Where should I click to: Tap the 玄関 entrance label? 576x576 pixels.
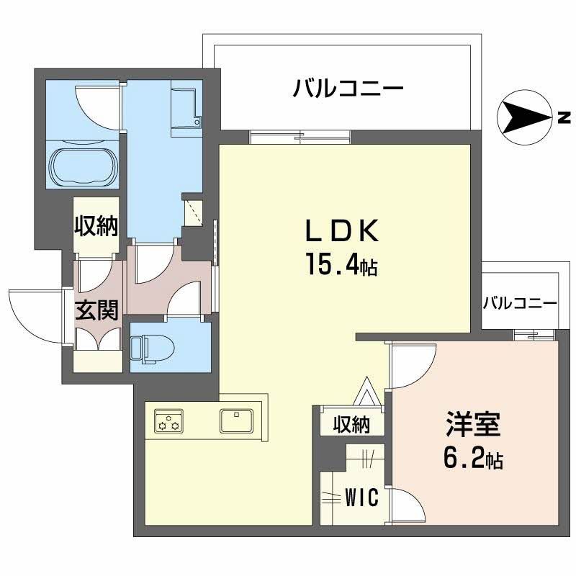(x=97, y=312)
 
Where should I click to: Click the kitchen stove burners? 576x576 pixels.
(x=168, y=420)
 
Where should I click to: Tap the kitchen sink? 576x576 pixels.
(x=236, y=419)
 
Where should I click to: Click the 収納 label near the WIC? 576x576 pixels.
(x=351, y=425)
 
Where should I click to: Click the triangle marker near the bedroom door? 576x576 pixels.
(x=364, y=393)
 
